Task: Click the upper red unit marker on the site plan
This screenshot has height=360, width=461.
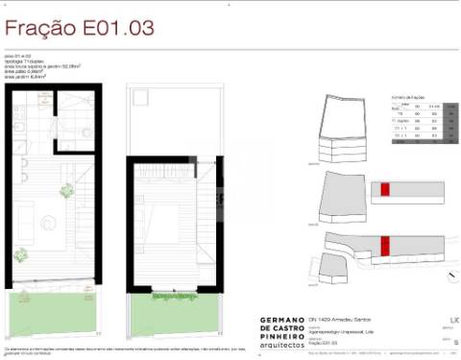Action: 385,188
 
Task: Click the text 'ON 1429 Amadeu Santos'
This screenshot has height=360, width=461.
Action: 341,319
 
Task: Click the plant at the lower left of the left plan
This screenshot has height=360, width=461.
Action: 20,253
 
